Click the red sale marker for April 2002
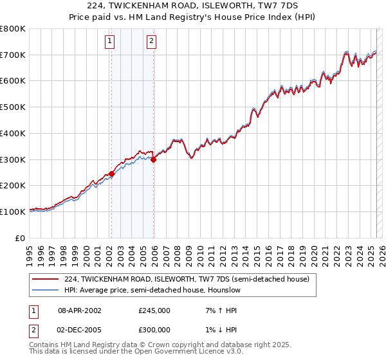click(111, 174)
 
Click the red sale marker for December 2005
click(153, 159)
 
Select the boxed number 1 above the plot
click(111, 42)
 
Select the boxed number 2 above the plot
click(151, 42)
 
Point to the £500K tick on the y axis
click(13, 107)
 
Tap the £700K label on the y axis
click(13, 55)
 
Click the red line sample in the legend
click(45, 279)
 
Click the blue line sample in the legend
click(45, 290)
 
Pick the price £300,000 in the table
click(154, 328)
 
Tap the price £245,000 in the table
click(154, 310)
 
